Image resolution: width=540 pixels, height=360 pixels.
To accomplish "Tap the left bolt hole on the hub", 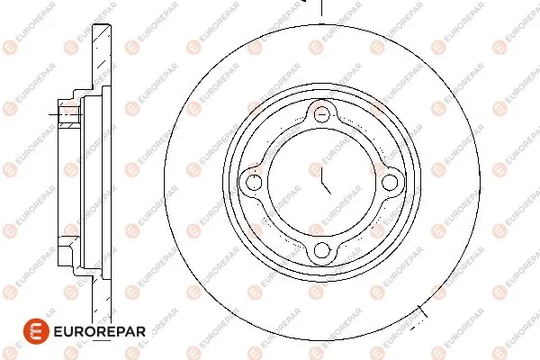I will pyautogui.click(x=255, y=183).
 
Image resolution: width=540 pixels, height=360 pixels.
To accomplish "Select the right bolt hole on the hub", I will pyautogui.click(x=390, y=183).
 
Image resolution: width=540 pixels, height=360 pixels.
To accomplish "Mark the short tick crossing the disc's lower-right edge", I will pyautogui.click(x=421, y=313).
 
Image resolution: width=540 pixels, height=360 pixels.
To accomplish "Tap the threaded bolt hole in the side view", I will pyautogui.click(x=68, y=114).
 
